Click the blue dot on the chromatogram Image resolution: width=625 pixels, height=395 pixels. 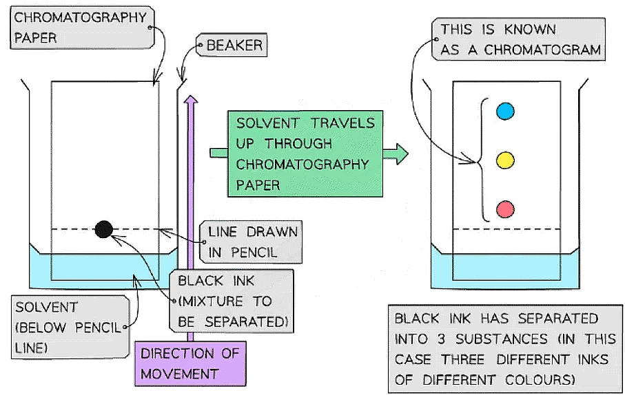pos(505,111)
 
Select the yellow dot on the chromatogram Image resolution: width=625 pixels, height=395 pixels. pos(505,161)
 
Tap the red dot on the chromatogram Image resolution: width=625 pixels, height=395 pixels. pos(505,209)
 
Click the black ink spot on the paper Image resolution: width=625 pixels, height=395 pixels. pos(103,229)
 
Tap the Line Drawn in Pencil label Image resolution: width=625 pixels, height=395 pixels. pos(252,242)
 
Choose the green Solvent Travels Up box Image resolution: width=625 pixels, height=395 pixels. pos(305,153)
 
